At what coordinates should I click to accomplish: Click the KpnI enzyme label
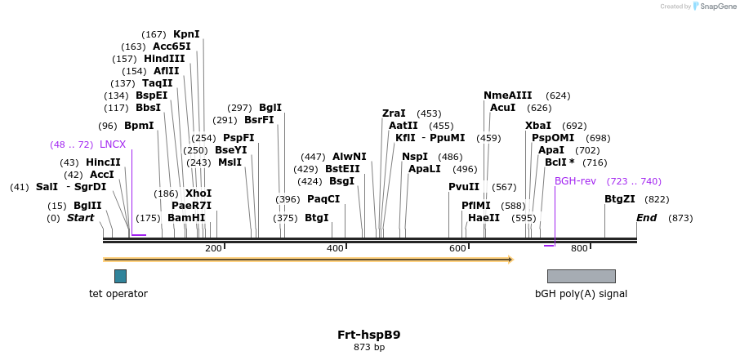pos(186,34)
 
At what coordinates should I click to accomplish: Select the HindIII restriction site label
pos(164,59)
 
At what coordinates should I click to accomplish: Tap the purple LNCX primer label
pos(113,144)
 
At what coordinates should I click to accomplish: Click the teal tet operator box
pos(120,276)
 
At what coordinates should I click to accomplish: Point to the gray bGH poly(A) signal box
pos(581,276)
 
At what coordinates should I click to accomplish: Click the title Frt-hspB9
pos(369,335)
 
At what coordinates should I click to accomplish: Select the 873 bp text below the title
pos(369,348)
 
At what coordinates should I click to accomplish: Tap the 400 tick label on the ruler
pos(335,248)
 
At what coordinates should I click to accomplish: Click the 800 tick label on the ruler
pos(579,248)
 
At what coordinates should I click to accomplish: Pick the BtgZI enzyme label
pos(619,199)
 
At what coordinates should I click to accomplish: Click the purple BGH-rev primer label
pos(575,181)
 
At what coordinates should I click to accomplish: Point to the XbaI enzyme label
pos(538,126)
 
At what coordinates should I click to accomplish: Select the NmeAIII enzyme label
pos(507,96)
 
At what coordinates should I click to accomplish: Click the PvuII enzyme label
pos(464,187)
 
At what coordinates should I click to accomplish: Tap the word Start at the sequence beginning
pos(80,218)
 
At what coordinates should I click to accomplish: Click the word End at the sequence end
pos(647,218)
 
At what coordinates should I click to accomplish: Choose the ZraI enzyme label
pos(394,113)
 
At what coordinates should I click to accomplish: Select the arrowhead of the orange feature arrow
pos(510,260)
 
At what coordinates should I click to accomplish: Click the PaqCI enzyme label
pos(323,199)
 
